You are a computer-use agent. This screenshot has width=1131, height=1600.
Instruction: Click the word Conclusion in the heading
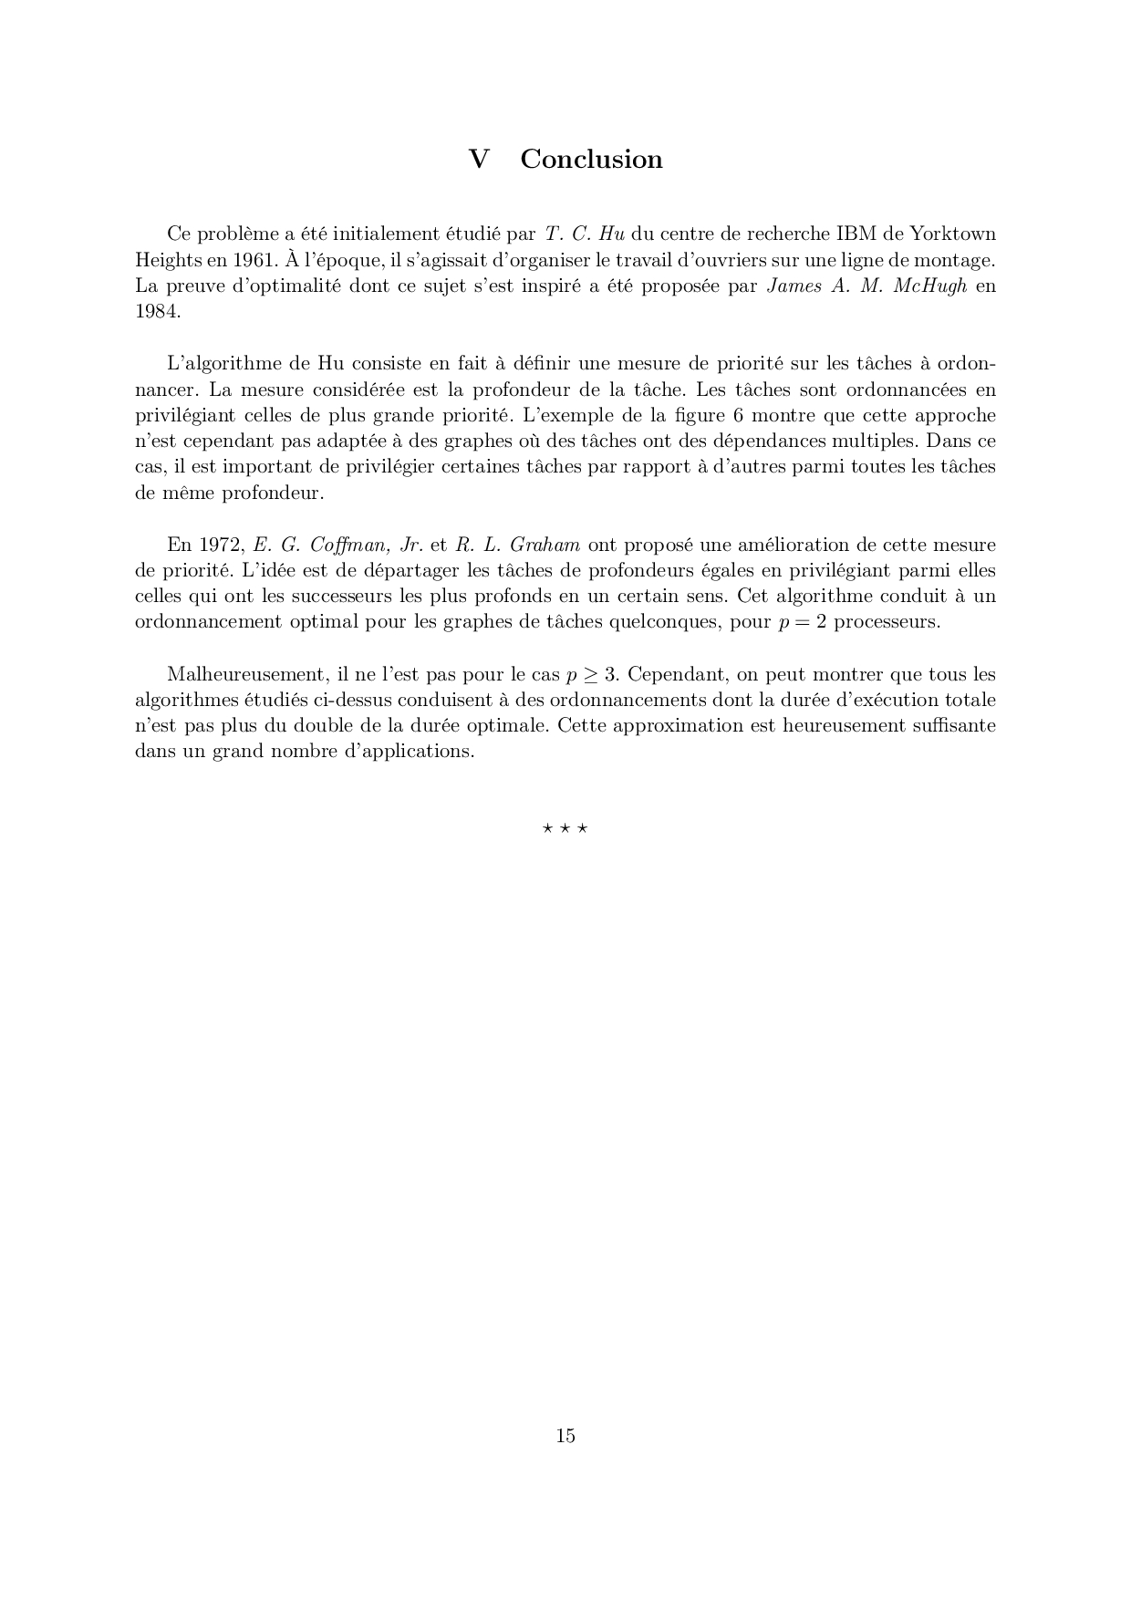[x=591, y=160]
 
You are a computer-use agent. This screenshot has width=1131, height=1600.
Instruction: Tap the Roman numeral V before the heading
[x=479, y=160]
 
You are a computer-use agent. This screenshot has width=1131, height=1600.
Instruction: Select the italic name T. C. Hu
[x=584, y=234]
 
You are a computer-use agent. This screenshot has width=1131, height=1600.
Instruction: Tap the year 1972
[x=218, y=545]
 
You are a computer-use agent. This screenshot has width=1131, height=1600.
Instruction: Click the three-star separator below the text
[x=565, y=829]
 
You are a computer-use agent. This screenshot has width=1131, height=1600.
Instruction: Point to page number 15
[x=565, y=1436]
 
